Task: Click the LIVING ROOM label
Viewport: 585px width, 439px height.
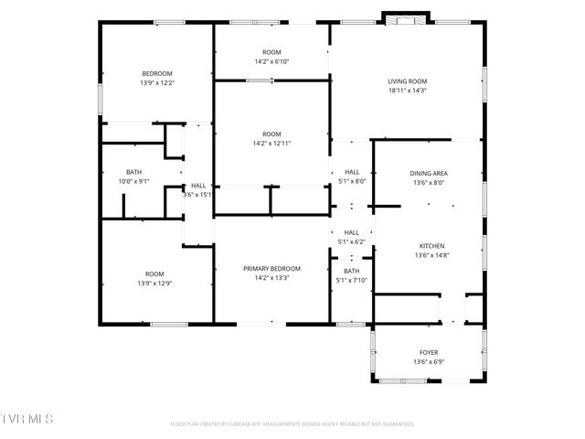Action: coord(407,81)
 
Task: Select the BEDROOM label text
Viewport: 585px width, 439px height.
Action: coord(156,73)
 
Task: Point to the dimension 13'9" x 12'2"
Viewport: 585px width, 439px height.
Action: coord(156,82)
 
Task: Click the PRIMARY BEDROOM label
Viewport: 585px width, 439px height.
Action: coord(271,268)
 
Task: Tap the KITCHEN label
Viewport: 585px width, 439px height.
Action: coord(431,246)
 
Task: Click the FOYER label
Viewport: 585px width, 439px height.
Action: coord(429,352)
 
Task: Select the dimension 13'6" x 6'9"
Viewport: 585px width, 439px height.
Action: coord(429,361)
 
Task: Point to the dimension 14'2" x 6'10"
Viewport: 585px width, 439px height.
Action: coord(271,61)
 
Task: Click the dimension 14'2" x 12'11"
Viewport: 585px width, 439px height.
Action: coord(271,143)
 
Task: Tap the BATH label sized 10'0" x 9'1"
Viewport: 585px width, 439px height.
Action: coord(133,172)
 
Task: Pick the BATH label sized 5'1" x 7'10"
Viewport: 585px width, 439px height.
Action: coord(352,272)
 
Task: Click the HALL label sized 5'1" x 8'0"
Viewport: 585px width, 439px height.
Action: coord(352,172)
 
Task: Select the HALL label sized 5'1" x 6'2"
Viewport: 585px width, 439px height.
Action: coord(352,232)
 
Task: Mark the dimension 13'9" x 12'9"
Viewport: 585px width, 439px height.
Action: coord(154,283)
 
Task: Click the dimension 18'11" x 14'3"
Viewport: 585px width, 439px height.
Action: coord(407,91)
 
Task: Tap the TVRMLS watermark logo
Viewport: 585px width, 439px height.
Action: coord(27,418)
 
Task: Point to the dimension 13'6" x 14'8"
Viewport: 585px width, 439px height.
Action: coord(431,255)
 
